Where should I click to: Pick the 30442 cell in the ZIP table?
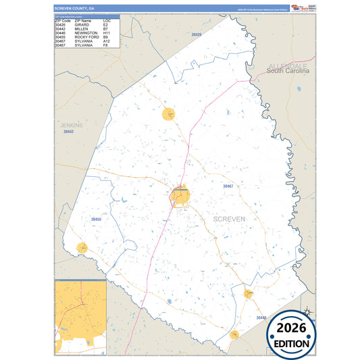click(61, 28)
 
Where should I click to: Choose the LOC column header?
click(107, 21)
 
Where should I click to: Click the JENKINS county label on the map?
click(70, 126)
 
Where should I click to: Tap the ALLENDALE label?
click(288, 65)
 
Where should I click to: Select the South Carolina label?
click(288, 71)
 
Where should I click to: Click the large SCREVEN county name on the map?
click(229, 219)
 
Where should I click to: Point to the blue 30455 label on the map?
click(96, 220)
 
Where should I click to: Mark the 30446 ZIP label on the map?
click(262, 317)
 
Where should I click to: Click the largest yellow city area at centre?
click(180, 196)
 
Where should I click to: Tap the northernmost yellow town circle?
click(169, 114)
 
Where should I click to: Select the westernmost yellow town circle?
click(82, 248)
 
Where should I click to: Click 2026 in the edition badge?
click(292, 328)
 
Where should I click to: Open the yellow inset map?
click(80, 316)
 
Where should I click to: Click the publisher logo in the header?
click(298, 7)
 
